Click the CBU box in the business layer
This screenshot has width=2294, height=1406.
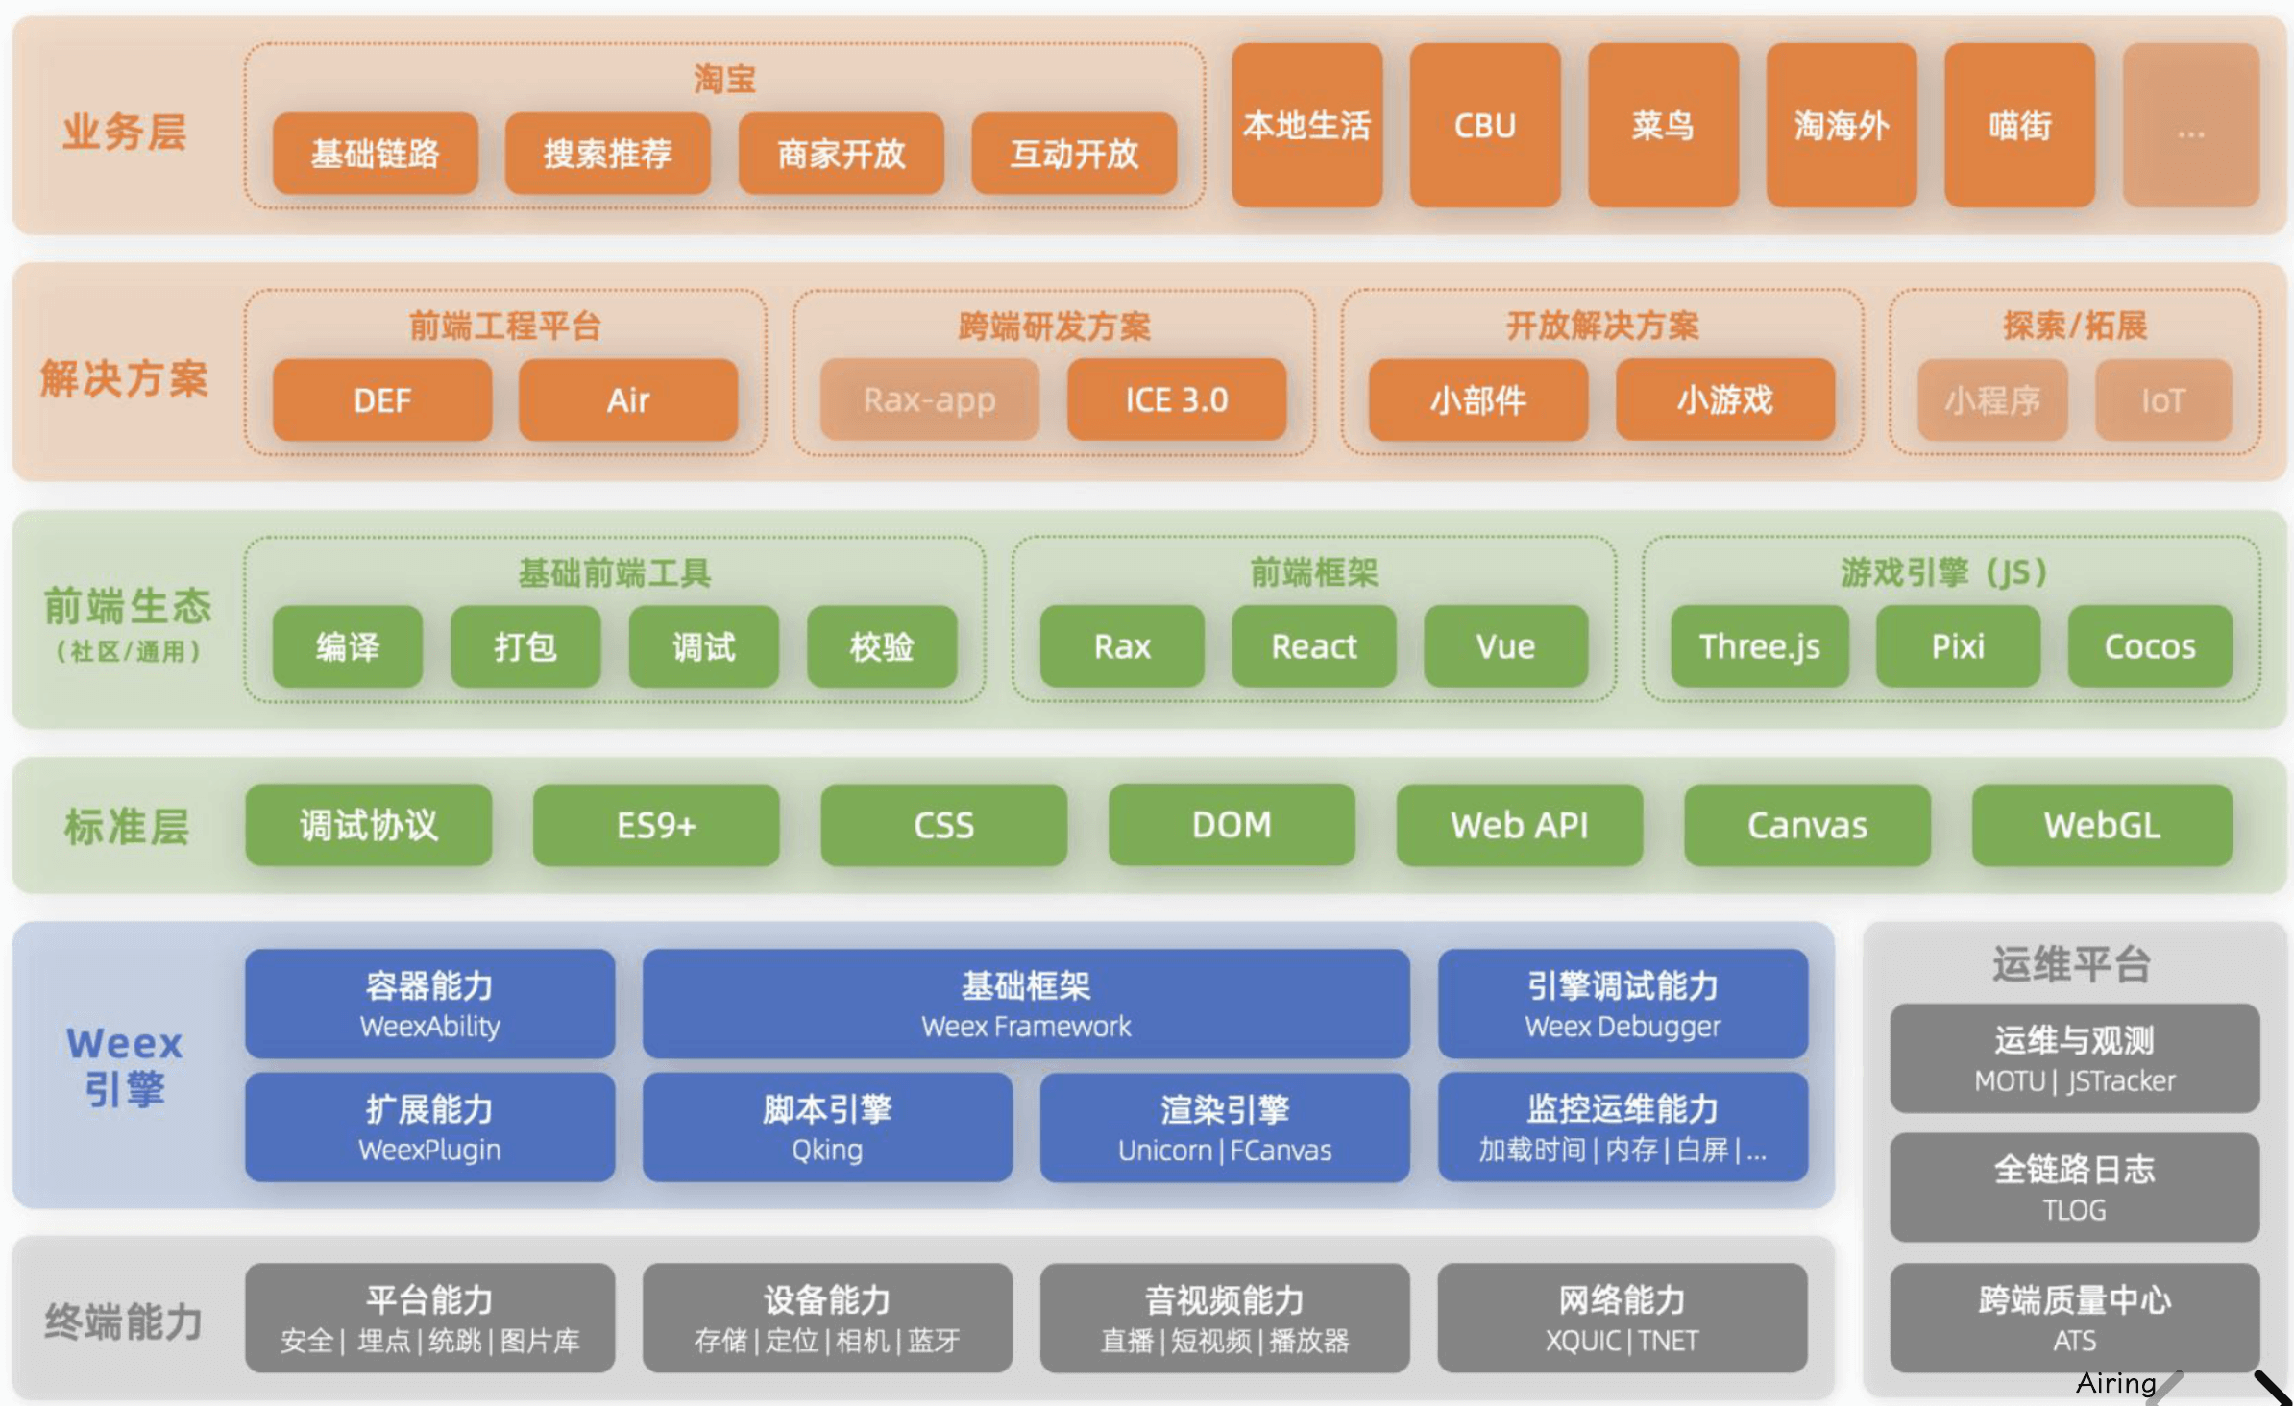pos(1484,125)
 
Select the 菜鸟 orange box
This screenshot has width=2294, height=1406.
pos(1662,125)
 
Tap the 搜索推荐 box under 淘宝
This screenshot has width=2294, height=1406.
pos(607,154)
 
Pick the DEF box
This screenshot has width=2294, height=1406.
pos(381,400)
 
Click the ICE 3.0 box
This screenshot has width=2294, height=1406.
pos(1176,400)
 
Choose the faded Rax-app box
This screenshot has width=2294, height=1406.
pos(929,400)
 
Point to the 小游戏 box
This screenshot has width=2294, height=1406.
pos(1724,400)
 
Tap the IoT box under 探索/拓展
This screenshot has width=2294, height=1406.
pos(2162,400)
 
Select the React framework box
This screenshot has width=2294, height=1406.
pos(1313,646)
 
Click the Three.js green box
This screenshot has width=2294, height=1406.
pos(1759,646)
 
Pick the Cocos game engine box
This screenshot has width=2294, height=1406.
pos(2149,646)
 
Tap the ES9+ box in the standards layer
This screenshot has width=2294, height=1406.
pos(655,825)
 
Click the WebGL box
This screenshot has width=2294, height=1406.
pos(2101,825)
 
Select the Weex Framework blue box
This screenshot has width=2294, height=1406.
pos(1025,1004)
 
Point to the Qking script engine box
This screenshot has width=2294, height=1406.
pos(826,1127)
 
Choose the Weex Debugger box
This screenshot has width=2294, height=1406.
pos(1622,1004)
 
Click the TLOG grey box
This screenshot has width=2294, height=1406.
pos(2074,1187)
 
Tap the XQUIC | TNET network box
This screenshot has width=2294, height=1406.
pos(1622,1318)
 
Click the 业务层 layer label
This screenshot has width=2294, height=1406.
pos(124,132)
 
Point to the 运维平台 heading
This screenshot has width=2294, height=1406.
pos(2070,963)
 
